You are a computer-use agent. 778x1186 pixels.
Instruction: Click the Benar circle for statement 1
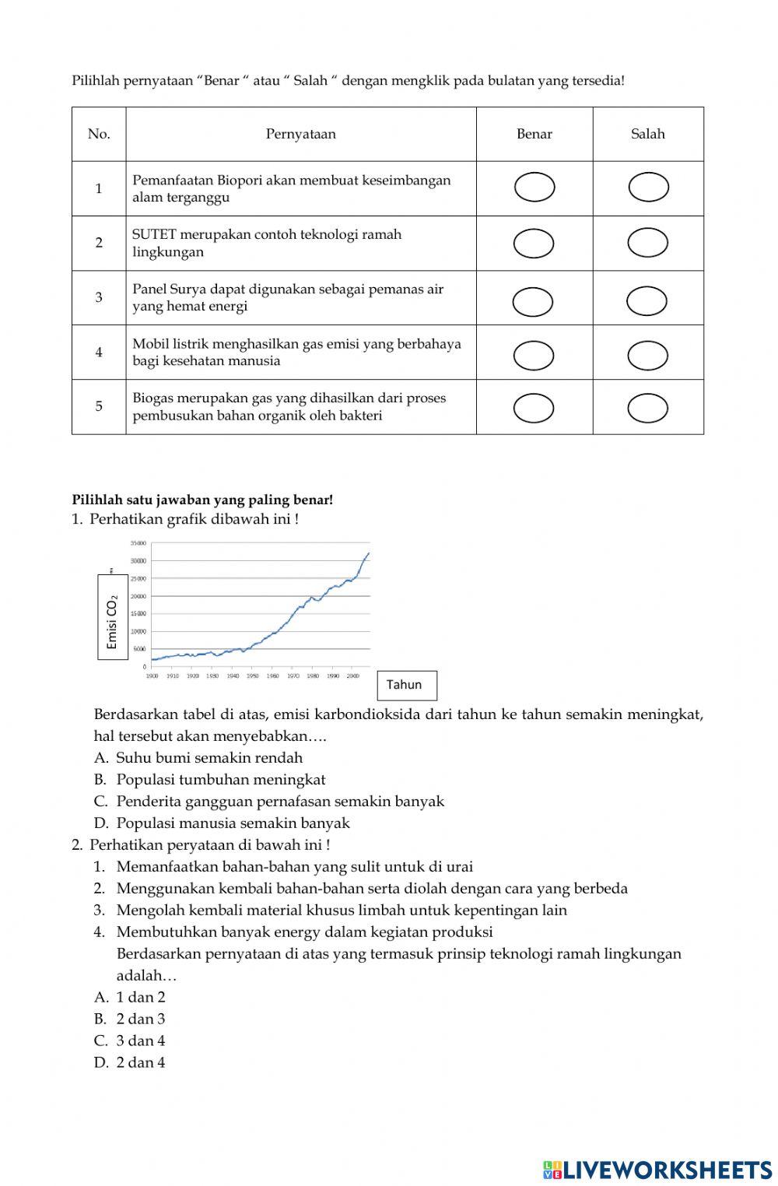[x=534, y=188]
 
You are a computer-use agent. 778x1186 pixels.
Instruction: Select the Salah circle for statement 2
[x=647, y=243]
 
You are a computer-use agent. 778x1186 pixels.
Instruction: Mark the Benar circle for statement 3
[x=533, y=302]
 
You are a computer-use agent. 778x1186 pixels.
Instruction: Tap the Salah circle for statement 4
[x=647, y=356]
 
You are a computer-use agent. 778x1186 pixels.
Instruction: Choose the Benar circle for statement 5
[x=534, y=408]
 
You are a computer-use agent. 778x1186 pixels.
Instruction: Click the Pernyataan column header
[x=301, y=134]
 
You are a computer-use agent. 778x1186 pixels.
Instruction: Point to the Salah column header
[x=647, y=134]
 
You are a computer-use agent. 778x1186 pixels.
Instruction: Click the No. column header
[x=99, y=134]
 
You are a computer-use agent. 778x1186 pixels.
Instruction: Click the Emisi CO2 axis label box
[x=112, y=616]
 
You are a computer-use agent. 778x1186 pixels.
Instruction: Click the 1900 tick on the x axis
[x=152, y=676]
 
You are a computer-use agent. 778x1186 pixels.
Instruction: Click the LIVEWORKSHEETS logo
[x=657, y=1169]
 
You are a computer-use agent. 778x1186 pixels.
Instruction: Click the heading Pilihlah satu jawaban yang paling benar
[x=202, y=500]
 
